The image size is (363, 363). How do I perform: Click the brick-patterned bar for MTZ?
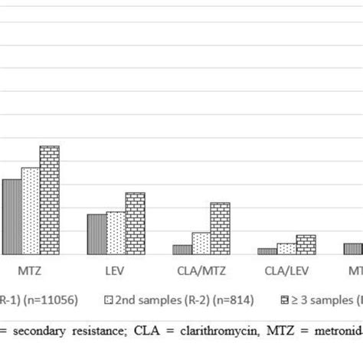(50, 200)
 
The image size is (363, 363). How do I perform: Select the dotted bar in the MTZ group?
(31, 211)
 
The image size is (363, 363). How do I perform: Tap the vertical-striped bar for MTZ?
(11, 217)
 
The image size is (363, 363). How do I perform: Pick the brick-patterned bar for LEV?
(135, 223)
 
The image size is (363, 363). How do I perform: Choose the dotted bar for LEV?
(116, 233)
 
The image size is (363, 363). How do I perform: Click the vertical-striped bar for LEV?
(96, 234)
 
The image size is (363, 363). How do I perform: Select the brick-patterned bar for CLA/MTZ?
(221, 228)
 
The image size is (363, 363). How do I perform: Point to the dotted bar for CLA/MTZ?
(201, 244)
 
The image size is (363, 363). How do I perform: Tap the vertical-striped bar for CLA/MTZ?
(182, 250)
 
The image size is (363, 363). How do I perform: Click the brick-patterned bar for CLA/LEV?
(306, 244)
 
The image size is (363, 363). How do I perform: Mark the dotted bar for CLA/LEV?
(286, 249)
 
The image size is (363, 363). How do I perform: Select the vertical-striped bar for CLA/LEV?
(267, 251)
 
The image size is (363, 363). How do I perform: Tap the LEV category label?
(116, 270)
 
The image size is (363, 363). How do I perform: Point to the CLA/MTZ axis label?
(201, 270)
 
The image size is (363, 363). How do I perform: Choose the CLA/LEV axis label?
(286, 270)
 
